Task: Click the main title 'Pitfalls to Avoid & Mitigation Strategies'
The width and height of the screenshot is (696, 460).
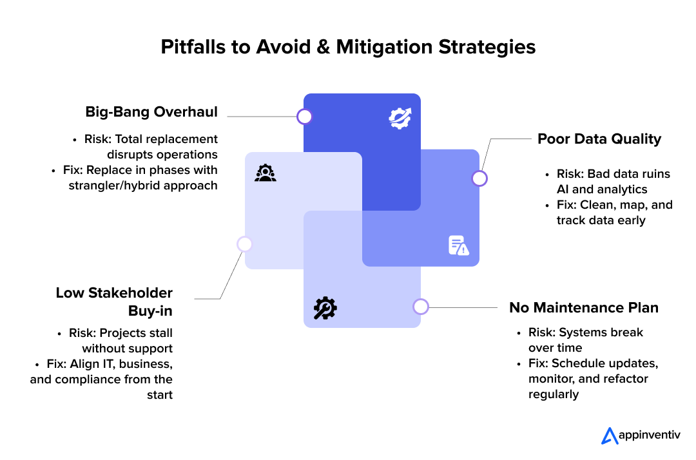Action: coord(348,47)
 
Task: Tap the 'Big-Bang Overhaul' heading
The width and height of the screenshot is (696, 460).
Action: coord(151,112)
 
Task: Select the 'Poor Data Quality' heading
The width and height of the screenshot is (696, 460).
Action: coord(599,139)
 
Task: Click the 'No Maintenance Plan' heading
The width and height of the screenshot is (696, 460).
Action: coord(584,307)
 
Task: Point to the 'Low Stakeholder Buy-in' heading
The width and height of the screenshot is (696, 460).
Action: coord(114,302)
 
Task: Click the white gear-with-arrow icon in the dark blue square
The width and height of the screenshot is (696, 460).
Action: coord(400,118)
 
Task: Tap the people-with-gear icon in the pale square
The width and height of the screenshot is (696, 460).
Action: coord(266,173)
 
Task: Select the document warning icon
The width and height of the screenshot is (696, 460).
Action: coord(459,245)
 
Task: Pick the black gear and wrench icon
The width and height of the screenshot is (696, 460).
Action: coord(325,308)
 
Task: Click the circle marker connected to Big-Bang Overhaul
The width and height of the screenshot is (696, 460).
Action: coord(304,117)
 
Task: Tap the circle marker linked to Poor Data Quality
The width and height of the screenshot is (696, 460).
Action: coord(479,178)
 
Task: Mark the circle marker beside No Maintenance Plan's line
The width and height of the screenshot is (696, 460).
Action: coord(421,307)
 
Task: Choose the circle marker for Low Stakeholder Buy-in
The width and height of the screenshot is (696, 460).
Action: coord(245,244)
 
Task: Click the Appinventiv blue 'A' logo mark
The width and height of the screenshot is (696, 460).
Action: coord(610,436)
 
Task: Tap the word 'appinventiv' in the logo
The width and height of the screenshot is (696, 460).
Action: coord(650,435)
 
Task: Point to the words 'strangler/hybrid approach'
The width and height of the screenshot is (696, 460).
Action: coord(143,186)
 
